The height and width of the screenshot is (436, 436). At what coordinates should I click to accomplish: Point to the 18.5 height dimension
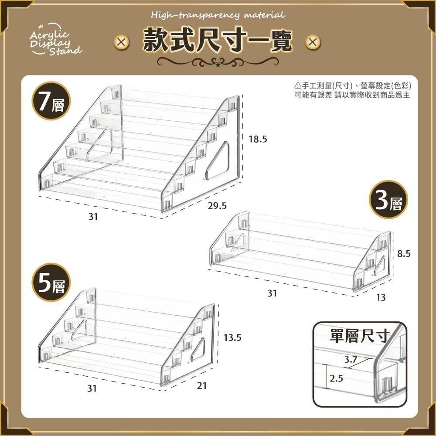257,140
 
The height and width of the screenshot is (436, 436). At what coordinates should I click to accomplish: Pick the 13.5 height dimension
233,337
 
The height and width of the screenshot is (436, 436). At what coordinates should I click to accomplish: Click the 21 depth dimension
202,385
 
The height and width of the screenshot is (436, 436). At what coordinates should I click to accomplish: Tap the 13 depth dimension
381,297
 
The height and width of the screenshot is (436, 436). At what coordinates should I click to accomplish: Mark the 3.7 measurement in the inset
351,360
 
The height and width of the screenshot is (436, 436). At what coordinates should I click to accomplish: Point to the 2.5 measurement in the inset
336,378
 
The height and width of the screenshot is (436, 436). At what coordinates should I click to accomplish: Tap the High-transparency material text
218,15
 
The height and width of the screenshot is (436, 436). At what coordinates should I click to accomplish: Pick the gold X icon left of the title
122,42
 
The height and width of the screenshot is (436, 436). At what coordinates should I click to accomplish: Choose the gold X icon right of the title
313,42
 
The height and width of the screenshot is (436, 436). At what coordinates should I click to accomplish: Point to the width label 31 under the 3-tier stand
272,293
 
